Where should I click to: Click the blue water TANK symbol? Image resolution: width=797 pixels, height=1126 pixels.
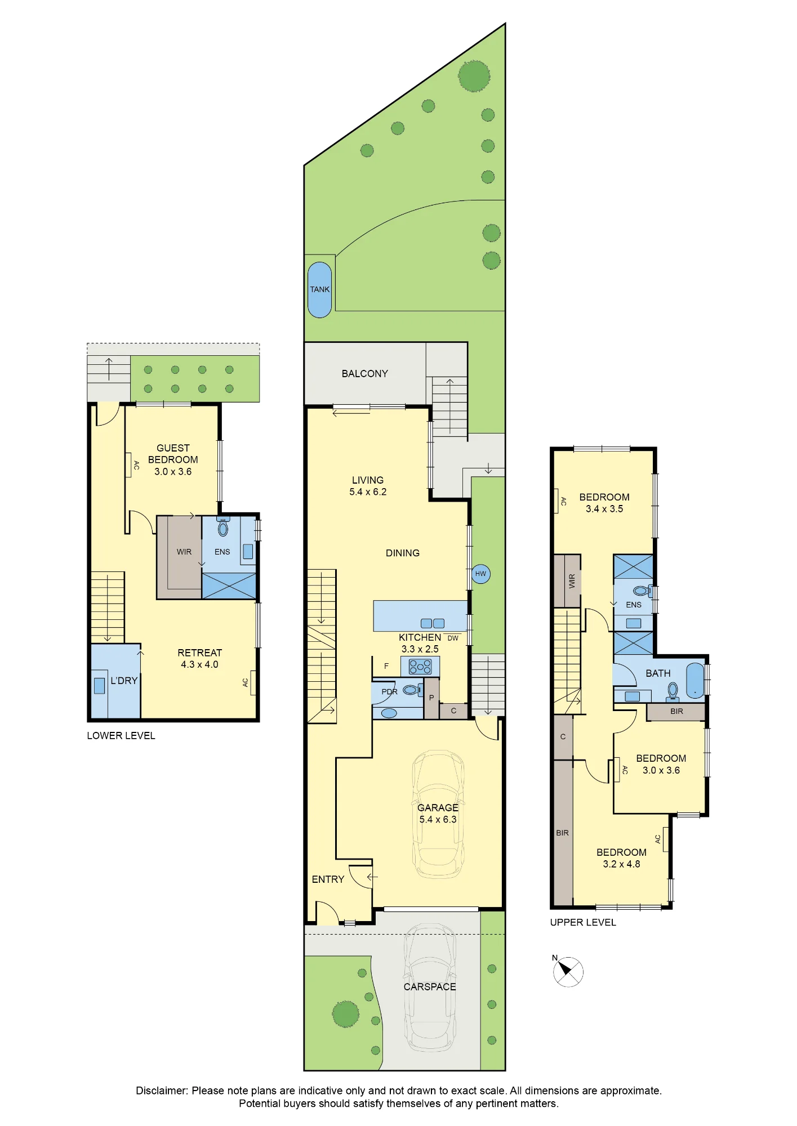pyautogui.click(x=320, y=289)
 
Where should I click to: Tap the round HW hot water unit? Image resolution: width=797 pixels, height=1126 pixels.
pyautogui.click(x=480, y=574)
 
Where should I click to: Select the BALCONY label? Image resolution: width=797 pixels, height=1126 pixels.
pyautogui.click(x=365, y=374)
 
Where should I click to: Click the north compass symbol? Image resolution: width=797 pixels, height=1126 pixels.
pyautogui.click(x=568, y=971)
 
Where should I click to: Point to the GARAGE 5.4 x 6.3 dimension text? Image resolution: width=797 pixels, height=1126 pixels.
pyautogui.click(x=438, y=819)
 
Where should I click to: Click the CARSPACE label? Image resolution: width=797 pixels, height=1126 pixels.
pyautogui.click(x=430, y=986)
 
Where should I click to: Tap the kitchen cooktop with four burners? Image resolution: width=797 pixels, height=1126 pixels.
pyautogui.click(x=420, y=667)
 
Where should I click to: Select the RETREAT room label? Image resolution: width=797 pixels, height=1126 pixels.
pyautogui.click(x=200, y=653)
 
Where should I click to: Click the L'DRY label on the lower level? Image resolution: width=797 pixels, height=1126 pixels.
pyautogui.click(x=124, y=681)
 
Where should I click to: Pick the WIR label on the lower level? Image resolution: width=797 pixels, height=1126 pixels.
pyautogui.click(x=184, y=552)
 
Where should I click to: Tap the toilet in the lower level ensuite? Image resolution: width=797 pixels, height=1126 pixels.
pyautogui.click(x=223, y=527)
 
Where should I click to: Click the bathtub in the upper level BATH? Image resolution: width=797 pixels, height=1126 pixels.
pyautogui.click(x=695, y=680)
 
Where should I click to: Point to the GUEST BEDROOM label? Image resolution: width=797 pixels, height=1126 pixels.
pyautogui.click(x=173, y=454)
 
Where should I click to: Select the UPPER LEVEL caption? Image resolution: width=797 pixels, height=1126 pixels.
pyautogui.click(x=583, y=922)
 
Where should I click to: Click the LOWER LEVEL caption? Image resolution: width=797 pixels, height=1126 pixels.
pyautogui.click(x=121, y=735)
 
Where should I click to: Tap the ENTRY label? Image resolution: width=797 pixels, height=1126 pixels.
pyautogui.click(x=328, y=879)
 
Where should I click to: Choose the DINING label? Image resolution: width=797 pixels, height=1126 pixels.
pyautogui.click(x=403, y=553)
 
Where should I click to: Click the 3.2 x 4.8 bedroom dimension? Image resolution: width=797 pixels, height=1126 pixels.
pyautogui.click(x=621, y=864)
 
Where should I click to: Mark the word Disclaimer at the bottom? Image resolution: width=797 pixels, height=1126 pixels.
pyautogui.click(x=162, y=1091)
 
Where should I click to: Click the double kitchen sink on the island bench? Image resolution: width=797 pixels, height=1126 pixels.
pyautogui.click(x=433, y=623)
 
